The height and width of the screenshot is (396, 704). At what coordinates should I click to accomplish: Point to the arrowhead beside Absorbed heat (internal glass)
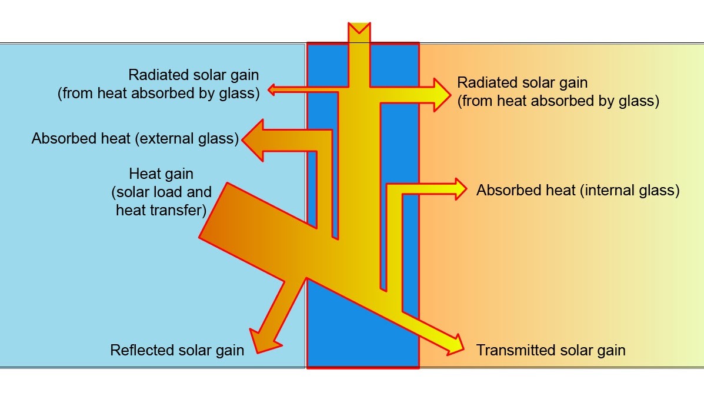pyautogui.click(x=458, y=189)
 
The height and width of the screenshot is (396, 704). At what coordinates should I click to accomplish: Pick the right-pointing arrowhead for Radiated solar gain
pyautogui.click(x=441, y=94)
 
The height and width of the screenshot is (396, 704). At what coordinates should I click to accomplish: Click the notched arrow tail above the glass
pyautogui.click(x=359, y=31)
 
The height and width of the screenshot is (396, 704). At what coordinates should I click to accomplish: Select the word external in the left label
pyautogui.click(x=166, y=139)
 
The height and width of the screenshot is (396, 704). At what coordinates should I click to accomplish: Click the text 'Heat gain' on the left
pyautogui.click(x=161, y=174)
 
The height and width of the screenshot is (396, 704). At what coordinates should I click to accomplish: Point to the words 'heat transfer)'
pyautogui.click(x=159, y=210)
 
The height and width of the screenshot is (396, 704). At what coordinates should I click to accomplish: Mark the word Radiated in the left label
pyautogui.click(x=158, y=75)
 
